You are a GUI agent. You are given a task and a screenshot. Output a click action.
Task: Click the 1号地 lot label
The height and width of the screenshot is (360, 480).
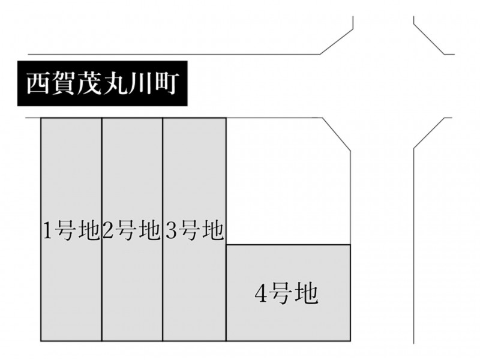(x=71, y=230)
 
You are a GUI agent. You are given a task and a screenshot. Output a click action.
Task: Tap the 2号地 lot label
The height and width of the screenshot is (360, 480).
(x=131, y=230)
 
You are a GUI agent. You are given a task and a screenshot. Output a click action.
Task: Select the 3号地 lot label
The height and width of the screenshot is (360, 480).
(x=194, y=230)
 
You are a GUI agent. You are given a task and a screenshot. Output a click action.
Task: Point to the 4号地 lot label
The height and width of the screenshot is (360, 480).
(x=286, y=293)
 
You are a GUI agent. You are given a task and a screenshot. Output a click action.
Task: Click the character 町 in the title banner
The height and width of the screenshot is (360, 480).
(x=164, y=83)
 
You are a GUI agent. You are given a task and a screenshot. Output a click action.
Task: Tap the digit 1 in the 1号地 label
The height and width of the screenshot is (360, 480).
(x=48, y=231)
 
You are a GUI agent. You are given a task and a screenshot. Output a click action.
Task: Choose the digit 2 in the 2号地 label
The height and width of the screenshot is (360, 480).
(x=109, y=231)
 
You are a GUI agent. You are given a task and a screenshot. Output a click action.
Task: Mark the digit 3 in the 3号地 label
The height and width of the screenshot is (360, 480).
(x=172, y=231)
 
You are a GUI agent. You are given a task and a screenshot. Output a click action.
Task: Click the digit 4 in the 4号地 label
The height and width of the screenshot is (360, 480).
(x=261, y=294)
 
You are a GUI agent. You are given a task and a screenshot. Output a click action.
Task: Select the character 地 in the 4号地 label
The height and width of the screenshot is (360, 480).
(x=307, y=293)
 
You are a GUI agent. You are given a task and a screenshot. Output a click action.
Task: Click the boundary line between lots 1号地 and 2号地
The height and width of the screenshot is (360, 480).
(x=101, y=229)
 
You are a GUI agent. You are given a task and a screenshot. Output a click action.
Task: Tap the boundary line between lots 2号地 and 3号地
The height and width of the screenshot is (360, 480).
(x=163, y=229)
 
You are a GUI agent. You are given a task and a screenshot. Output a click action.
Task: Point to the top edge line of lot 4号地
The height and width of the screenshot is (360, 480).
(x=289, y=245)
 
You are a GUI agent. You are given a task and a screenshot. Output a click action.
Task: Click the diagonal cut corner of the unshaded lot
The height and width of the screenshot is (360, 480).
(x=337, y=134)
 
